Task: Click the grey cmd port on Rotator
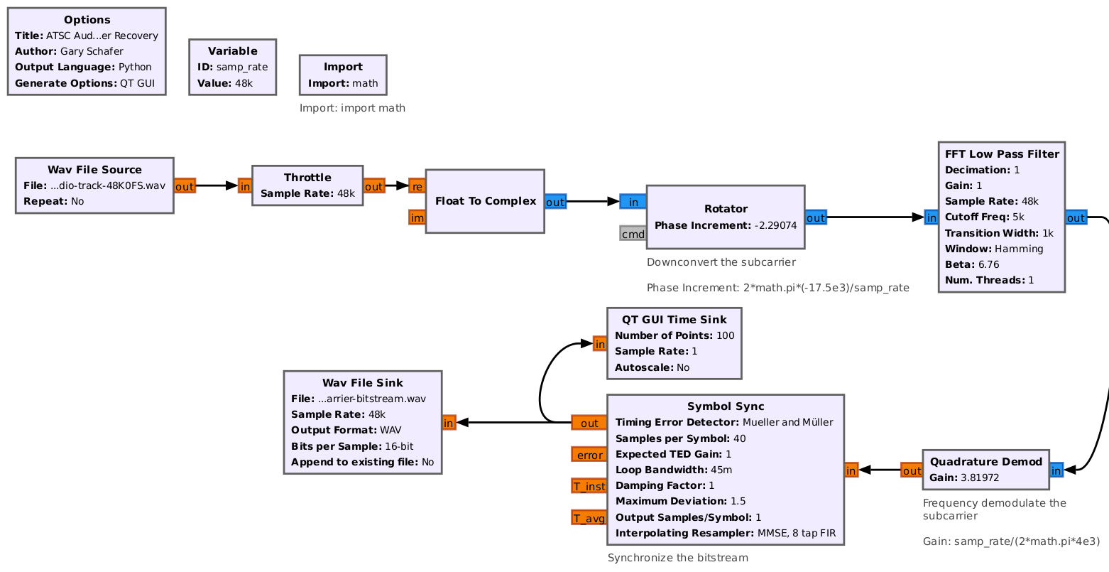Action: tap(633, 234)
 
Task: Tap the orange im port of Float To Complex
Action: tap(417, 217)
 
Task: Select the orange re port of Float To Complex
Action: tap(417, 186)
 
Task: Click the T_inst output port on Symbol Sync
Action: tap(589, 486)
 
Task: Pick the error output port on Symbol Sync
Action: tap(589, 455)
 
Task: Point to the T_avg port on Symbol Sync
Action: tap(589, 518)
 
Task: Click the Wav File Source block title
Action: tap(94, 170)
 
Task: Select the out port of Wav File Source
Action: tap(184, 186)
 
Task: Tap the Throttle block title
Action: tap(307, 178)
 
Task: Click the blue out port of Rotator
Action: tap(816, 217)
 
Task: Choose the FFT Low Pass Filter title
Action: tap(1002, 154)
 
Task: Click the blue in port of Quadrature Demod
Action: tap(1056, 470)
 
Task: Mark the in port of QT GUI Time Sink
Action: tap(600, 344)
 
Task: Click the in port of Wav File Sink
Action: tap(449, 423)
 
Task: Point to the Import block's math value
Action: tap(366, 83)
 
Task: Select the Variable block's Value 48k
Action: tap(244, 83)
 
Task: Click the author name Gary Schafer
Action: tap(92, 51)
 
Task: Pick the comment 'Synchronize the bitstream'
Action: tap(677, 558)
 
